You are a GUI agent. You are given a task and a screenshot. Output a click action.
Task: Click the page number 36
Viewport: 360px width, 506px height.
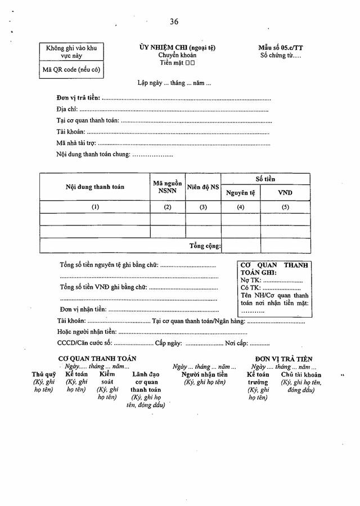pos(174,21)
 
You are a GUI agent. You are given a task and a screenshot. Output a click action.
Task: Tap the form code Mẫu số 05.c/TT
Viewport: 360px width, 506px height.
pos(277,48)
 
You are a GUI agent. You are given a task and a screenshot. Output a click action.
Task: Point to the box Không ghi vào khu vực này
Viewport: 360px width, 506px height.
pos(71,52)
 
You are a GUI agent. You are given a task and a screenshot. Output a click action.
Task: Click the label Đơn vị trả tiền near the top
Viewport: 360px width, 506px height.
pos(78,98)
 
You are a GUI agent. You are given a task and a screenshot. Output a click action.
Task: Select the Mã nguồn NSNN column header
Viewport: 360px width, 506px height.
pos(167,187)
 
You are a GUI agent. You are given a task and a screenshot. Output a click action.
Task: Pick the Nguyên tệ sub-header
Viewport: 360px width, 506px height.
pos(240,193)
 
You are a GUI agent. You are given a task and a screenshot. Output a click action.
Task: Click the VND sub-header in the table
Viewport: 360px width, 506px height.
pos(285,193)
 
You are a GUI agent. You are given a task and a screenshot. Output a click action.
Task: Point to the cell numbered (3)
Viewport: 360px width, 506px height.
pos(202,207)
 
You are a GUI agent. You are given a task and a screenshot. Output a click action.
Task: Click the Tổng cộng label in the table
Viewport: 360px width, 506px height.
pos(205,246)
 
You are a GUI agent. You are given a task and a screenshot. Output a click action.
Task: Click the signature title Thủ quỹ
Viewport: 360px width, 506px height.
pos(43,374)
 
